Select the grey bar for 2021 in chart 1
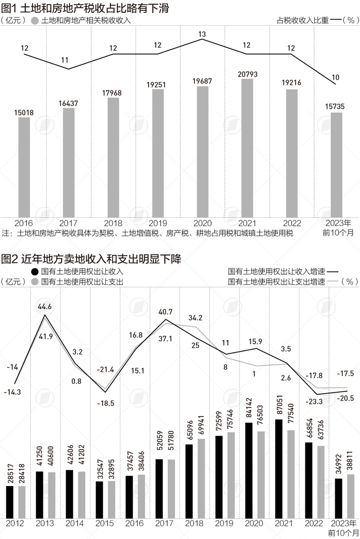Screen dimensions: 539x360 pyautogui.click(x=247, y=149)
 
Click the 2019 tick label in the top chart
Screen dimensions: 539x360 pyautogui.click(x=158, y=224)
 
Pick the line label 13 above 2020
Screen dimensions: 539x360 pyautogui.click(x=202, y=34)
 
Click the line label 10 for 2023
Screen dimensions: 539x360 pyautogui.click(x=336, y=78)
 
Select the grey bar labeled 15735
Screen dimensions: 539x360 pyautogui.click(x=336, y=164)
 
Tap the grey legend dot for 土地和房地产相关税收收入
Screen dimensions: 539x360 pyautogui.click(x=35, y=21)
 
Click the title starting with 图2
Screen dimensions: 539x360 pyautogui.click(x=91, y=258)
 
